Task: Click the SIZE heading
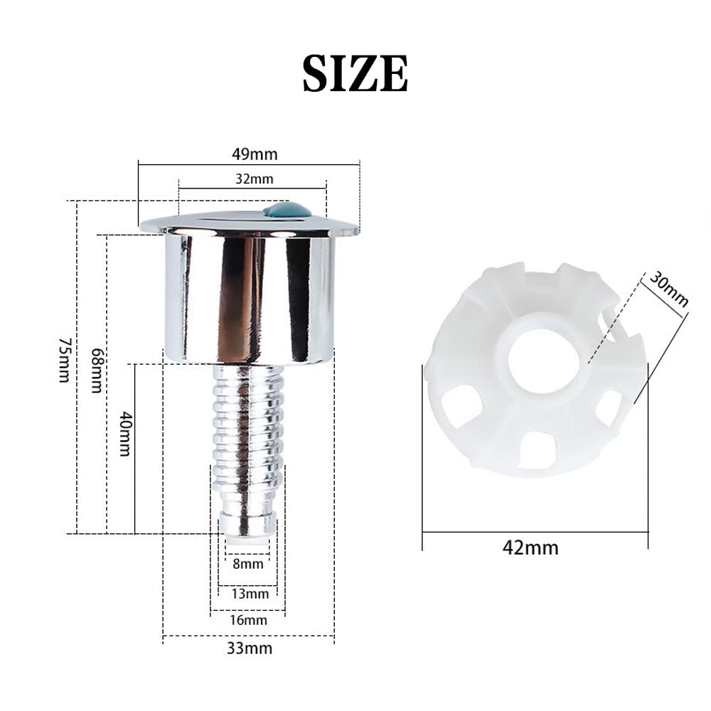click(355, 73)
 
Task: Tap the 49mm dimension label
click(255, 154)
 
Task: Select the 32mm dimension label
click(254, 179)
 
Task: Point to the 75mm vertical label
click(65, 360)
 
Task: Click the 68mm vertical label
click(97, 370)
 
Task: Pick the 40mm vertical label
click(124, 434)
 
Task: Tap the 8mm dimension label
click(247, 564)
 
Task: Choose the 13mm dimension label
click(250, 594)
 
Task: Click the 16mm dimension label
click(248, 620)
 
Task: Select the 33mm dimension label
click(250, 648)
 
